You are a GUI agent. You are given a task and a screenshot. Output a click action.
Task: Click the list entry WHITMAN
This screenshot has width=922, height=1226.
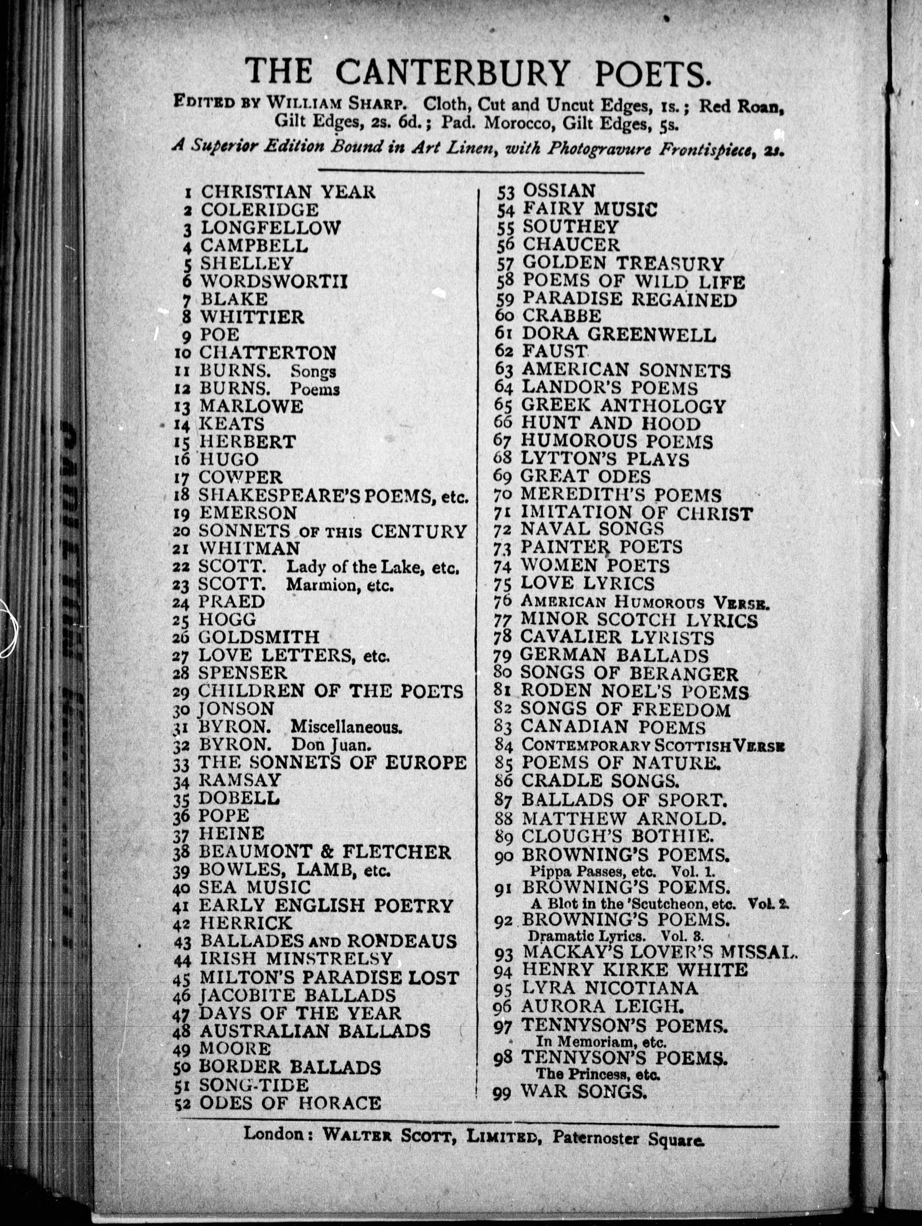click(249, 548)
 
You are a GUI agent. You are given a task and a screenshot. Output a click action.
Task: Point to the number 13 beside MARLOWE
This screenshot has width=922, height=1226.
click(182, 407)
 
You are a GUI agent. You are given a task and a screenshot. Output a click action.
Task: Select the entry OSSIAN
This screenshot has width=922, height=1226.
click(559, 191)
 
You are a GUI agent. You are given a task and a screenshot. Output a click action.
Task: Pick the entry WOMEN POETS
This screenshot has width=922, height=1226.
click(595, 566)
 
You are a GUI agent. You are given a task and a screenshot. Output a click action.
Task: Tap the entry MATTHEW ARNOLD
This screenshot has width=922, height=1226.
click(623, 818)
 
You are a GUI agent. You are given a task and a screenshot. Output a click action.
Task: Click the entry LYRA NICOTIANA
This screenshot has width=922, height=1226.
click(610, 988)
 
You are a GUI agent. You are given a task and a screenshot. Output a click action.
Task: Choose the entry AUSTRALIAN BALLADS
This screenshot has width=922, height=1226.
click(314, 1031)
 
